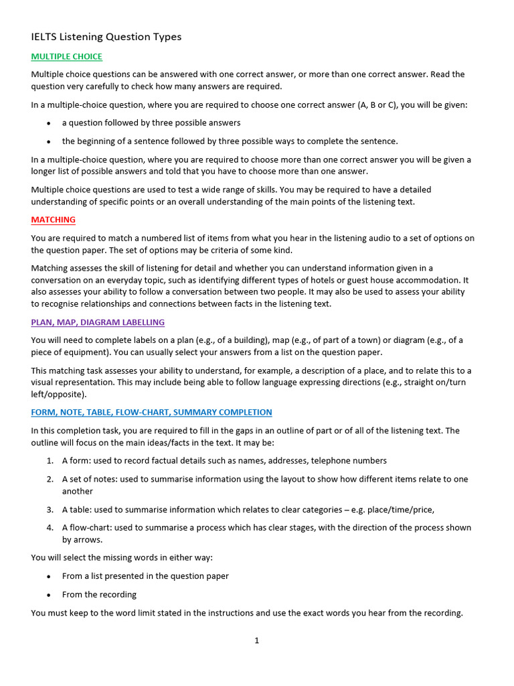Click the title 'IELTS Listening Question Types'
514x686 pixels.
(106, 37)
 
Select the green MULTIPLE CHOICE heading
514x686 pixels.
(66, 57)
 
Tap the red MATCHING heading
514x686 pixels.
(53, 220)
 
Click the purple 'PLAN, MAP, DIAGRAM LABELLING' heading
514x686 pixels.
(98, 322)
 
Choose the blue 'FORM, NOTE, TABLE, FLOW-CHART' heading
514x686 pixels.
(151, 412)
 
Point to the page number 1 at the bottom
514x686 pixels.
(256, 641)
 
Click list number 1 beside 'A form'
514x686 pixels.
(50, 461)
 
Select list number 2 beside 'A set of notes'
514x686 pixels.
(50, 480)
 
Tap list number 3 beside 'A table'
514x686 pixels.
(50, 509)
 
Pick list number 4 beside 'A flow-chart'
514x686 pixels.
(50, 528)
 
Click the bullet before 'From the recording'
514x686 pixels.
(48, 595)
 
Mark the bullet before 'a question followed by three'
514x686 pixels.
(48, 123)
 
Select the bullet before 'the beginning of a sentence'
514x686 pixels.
(48, 141)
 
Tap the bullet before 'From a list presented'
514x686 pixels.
(48, 576)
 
